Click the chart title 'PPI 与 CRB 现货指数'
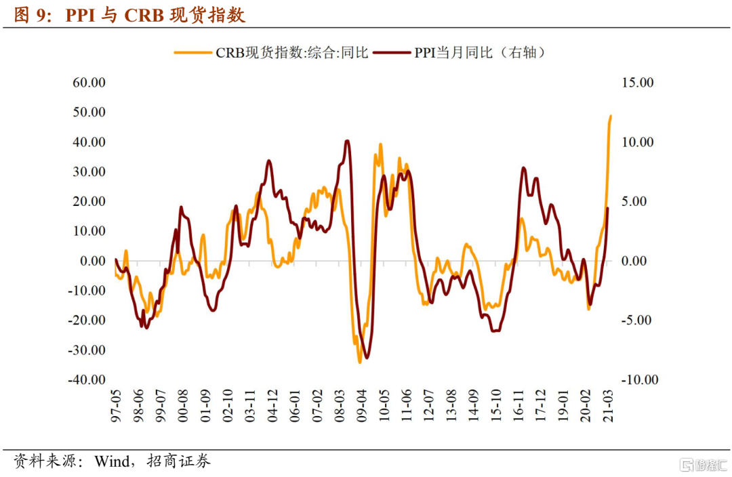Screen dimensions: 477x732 [x=155, y=15]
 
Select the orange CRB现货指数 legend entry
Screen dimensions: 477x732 [x=271, y=53]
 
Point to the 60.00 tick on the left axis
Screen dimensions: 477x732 [x=89, y=83]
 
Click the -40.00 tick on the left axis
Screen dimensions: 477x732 [x=87, y=379]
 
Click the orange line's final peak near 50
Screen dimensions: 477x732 [x=611, y=116]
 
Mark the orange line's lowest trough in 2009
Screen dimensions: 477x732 [x=359, y=362]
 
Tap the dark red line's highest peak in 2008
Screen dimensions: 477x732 [x=347, y=141]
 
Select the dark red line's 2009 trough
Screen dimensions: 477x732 [x=367, y=358]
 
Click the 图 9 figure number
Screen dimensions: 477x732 [x=30, y=15]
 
